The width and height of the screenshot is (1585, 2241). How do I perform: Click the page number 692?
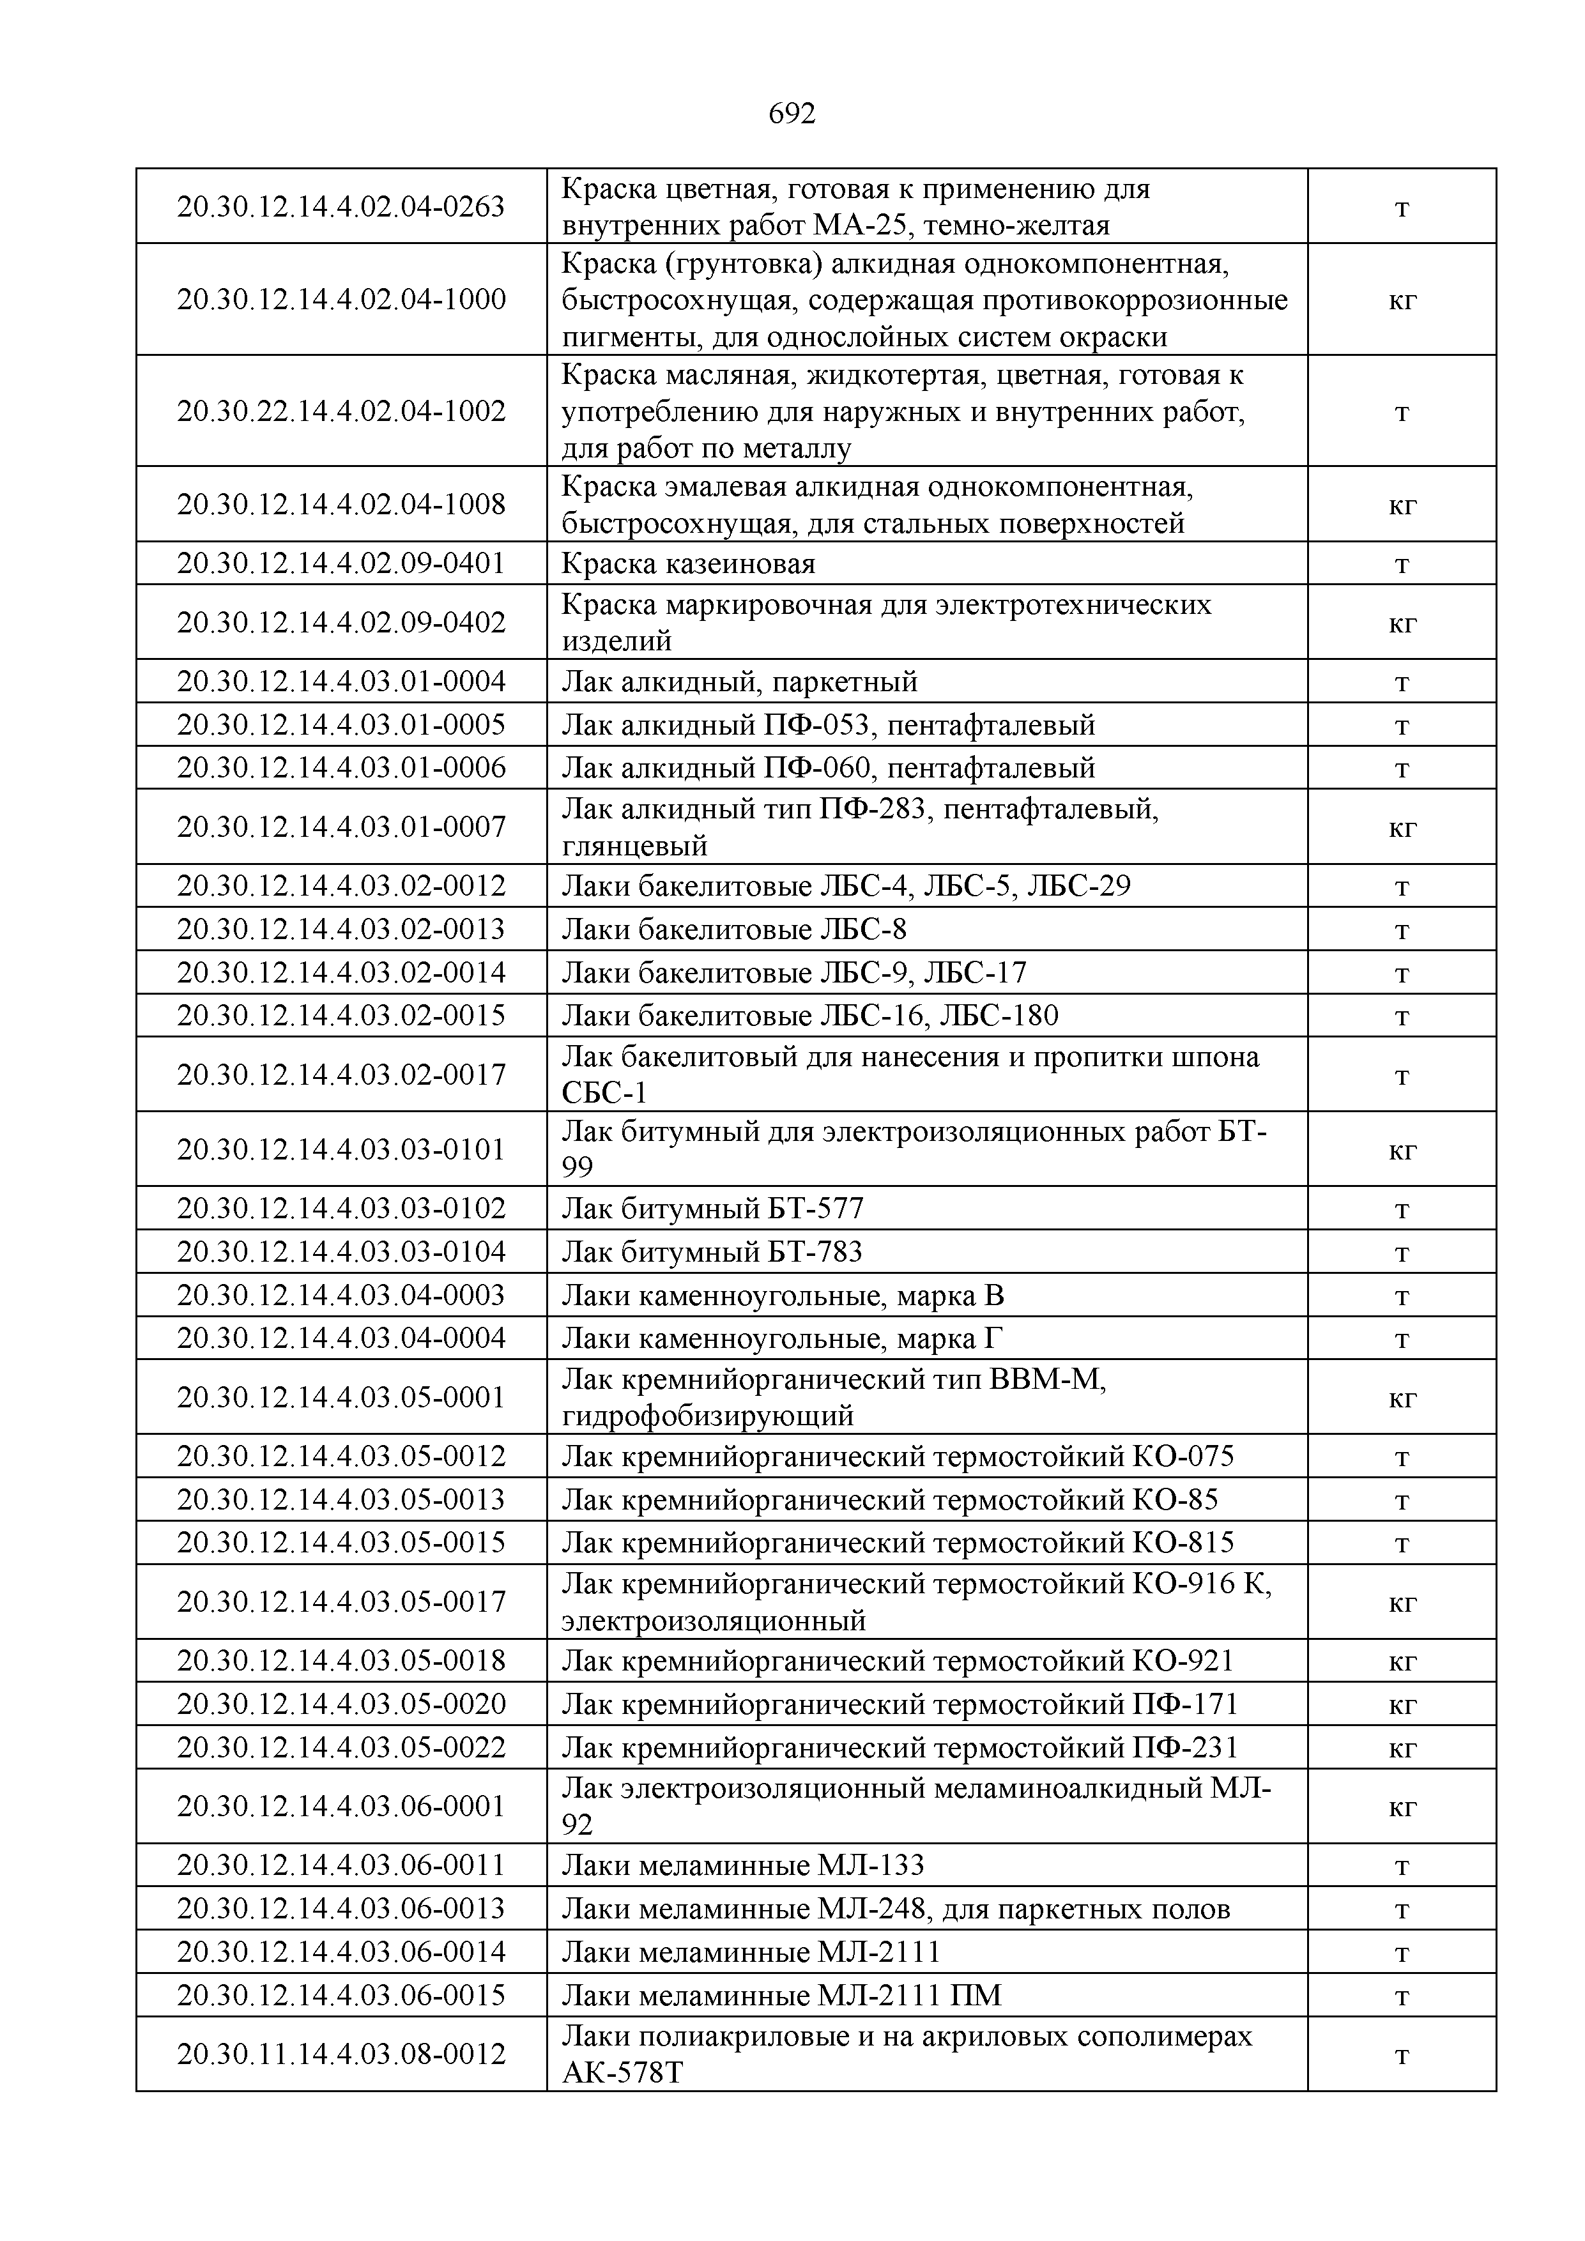[x=792, y=114]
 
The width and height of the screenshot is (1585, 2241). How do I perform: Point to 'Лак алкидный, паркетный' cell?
[x=739, y=681]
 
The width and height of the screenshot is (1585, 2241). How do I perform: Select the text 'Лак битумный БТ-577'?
[x=712, y=1209]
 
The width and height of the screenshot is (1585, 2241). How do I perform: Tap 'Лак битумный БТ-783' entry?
[x=712, y=1252]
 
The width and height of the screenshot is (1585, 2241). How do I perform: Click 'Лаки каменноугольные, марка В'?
[x=783, y=1296]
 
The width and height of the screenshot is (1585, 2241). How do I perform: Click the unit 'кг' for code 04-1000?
[x=1402, y=300]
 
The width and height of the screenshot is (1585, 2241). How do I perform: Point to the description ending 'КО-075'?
[x=897, y=1457]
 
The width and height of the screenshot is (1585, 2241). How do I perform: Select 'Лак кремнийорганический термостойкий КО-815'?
[x=897, y=1543]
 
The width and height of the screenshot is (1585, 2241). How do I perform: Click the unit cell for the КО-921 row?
[x=1402, y=1661]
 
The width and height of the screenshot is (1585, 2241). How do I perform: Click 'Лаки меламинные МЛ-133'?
[x=742, y=1866]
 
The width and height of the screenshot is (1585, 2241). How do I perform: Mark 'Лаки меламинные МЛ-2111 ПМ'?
[x=781, y=1995]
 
